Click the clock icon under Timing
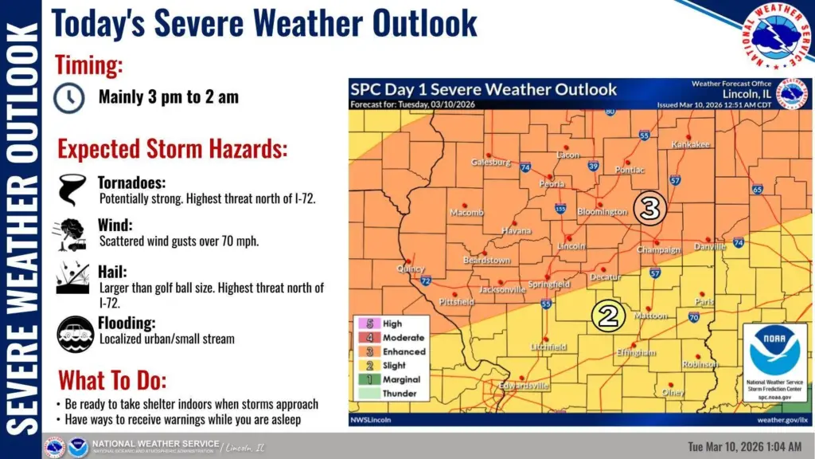pos(69,97)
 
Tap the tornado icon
pos(72,190)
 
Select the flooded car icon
pos(75,333)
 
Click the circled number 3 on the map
pos(649,208)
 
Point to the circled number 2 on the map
pos(607,316)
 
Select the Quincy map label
pos(411,269)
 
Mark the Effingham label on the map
pos(636,352)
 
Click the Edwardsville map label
pos(524,386)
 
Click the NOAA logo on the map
pos(774,351)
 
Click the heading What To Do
pos(112,379)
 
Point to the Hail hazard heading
pos(112,271)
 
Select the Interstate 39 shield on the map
pos(593,166)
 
